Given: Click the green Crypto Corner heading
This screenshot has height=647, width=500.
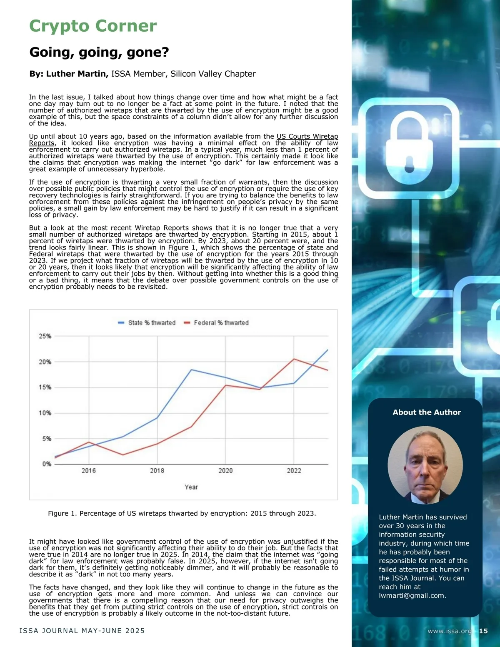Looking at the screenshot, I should tap(93, 26).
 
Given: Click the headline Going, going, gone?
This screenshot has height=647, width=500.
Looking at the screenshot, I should tap(99, 52).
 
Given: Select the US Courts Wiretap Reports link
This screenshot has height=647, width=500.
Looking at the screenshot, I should tap(307, 137).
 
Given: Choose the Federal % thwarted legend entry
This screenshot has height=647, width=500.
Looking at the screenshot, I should tap(216, 323).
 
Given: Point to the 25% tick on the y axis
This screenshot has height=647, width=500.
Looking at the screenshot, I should tap(45, 336).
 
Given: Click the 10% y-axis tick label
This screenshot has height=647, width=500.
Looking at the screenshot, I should tap(45, 413).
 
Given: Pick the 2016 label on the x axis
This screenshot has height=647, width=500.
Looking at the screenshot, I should tap(89, 471).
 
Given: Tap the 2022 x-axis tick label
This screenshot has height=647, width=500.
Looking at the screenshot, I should tap(294, 471).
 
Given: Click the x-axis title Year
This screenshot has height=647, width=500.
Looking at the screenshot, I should tap(191, 487).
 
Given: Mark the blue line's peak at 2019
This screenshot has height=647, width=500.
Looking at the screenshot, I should tap(191, 370).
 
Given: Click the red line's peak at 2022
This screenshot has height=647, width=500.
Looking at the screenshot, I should tap(294, 359).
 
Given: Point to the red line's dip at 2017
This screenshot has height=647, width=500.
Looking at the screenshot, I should tap(123, 455).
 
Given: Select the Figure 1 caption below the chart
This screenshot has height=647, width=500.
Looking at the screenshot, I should tap(182, 513).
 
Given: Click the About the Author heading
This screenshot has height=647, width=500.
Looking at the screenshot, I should tap(427, 412).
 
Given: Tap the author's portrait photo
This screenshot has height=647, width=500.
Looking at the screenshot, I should tap(425, 465).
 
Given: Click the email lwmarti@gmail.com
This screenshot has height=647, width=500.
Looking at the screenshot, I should tap(412, 596).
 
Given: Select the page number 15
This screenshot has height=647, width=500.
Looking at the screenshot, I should tap(483, 631).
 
